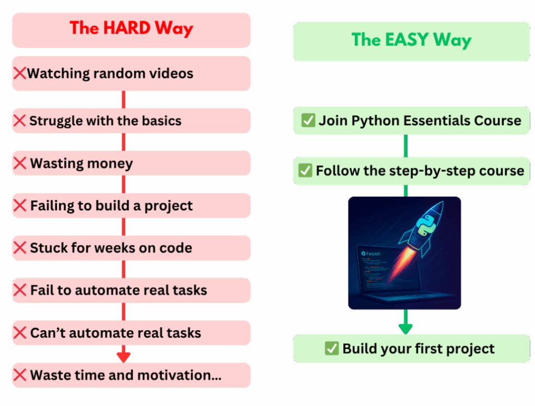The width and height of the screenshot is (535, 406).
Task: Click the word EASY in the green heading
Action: (x=407, y=39)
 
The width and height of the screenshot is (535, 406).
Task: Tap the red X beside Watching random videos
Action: (x=20, y=73)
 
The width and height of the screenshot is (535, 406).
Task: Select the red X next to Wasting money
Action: (x=20, y=163)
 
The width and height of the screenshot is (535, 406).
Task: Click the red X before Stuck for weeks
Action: (x=20, y=248)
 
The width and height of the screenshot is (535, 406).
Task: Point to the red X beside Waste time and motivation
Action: (x=20, y=375)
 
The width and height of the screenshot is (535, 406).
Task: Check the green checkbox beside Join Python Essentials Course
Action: (x=308, y=120)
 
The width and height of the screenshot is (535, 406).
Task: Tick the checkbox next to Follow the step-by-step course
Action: (x=305, y=170)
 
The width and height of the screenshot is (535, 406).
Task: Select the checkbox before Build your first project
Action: (x=332, y=349)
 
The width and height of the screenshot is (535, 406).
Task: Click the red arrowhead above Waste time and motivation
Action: (x=123, y=357)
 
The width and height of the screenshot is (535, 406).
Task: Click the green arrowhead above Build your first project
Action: (x=405, y=329)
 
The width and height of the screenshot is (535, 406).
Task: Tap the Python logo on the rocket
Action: (x=426, y=226)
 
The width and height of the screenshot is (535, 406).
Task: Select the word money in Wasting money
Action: (x=110, y=164)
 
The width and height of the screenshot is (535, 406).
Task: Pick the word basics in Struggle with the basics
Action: (x=162, y=121)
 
